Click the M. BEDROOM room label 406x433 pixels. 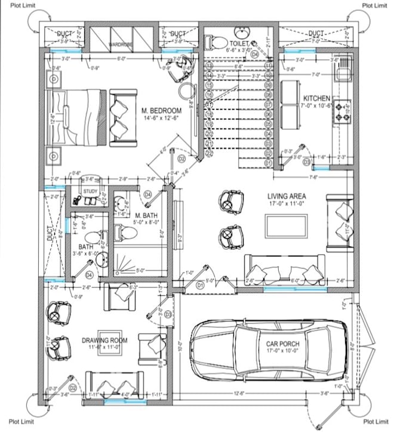[162, 111]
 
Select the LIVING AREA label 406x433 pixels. [287, 195]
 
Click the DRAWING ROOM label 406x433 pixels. [104, 340]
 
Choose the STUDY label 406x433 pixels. [90, 191]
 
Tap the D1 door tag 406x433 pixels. [201, 286]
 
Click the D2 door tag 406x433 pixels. [182, 159]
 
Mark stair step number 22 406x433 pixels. [210, 153]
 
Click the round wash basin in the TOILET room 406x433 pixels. [242, 31]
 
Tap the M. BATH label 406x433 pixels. [146, 215]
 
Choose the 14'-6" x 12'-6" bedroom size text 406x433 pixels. [162, 119]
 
